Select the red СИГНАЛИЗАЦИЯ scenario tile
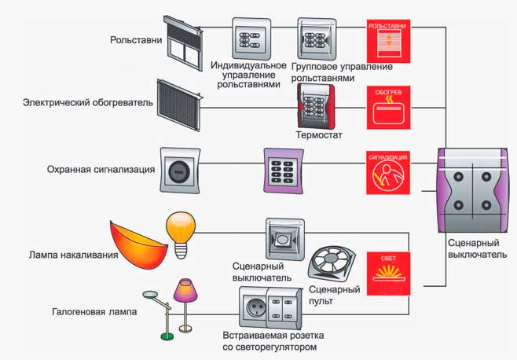tap(388, 172)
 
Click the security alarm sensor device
tap(179, 170)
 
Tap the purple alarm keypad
tap(282, 170)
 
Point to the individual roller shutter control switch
tap(251, 39)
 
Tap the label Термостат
tap(319, 135)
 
